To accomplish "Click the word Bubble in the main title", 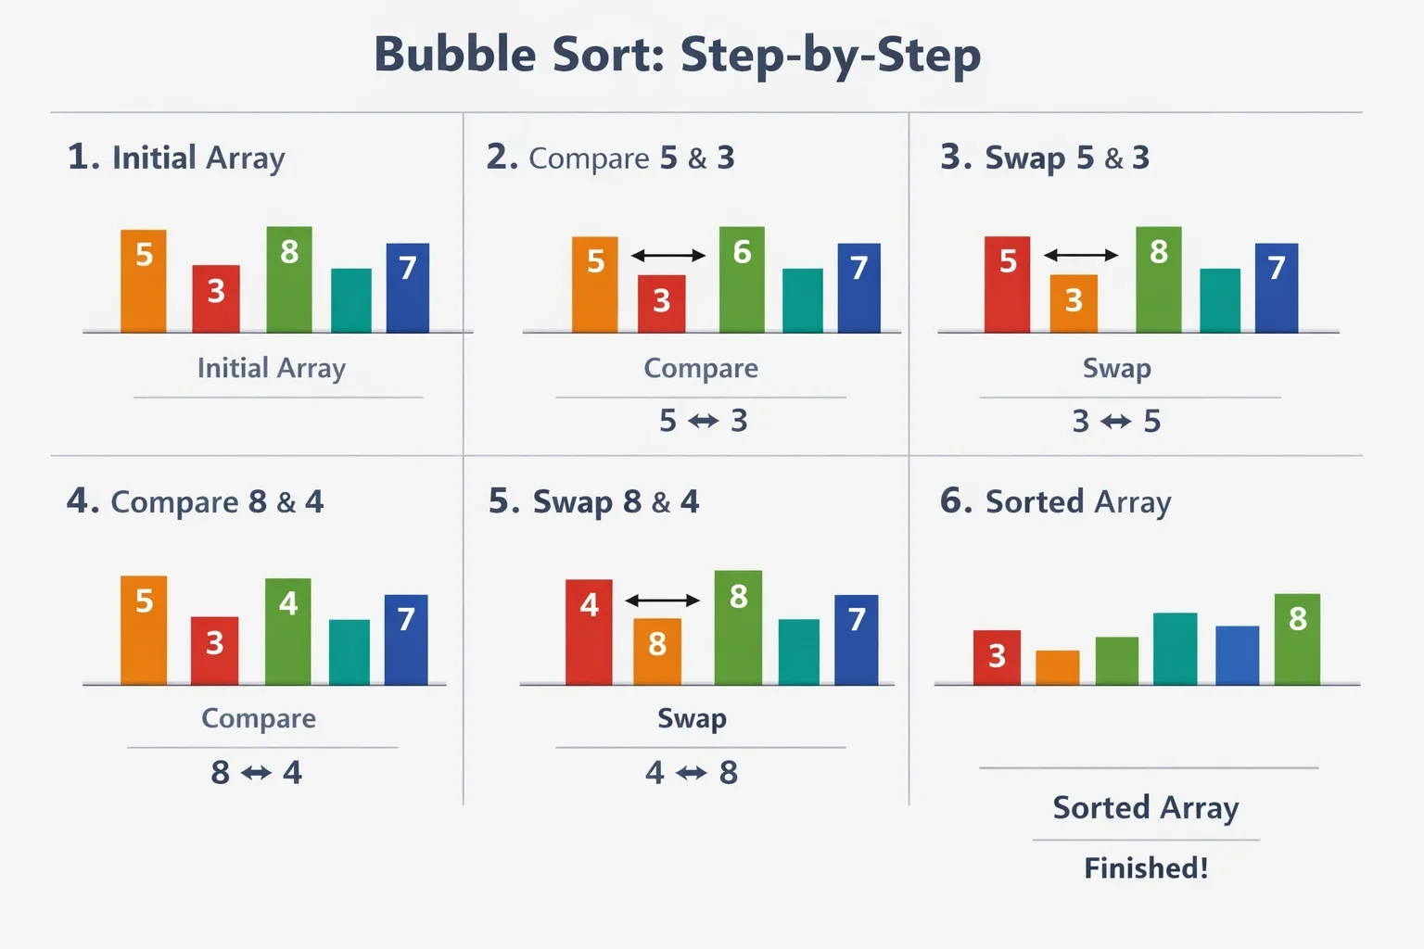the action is (x=455, y=55).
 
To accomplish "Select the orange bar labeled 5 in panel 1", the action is (x=144, y=281).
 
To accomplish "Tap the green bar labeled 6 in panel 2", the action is (x=742, y=280).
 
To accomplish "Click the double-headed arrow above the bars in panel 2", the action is (x=668, y=256).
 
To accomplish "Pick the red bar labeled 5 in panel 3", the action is (x=1007, y=285).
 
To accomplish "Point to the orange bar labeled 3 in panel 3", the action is (x=1074, y=303).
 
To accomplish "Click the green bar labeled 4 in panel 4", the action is (x=288, y=631).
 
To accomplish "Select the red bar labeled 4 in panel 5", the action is (x=589, y=632).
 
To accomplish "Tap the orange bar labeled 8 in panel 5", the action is (x=657, y=652).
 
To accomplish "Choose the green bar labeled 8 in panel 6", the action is (x=1298, y=639).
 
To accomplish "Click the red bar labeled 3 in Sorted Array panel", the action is (x=997, y=657).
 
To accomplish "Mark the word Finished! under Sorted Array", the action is (x=1146, y=868).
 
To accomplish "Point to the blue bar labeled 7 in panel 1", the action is (x=408, y=288).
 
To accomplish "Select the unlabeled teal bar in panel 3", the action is (x=1220, y=300).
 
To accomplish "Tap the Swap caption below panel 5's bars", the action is (x=692, y=719).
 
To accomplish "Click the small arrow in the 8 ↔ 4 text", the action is (x=256, y=773).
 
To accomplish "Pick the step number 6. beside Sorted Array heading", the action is (x=956, y=500).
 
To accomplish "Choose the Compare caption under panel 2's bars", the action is (x=701, y=368).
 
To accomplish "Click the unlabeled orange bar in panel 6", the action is (x=1057, y=667).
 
